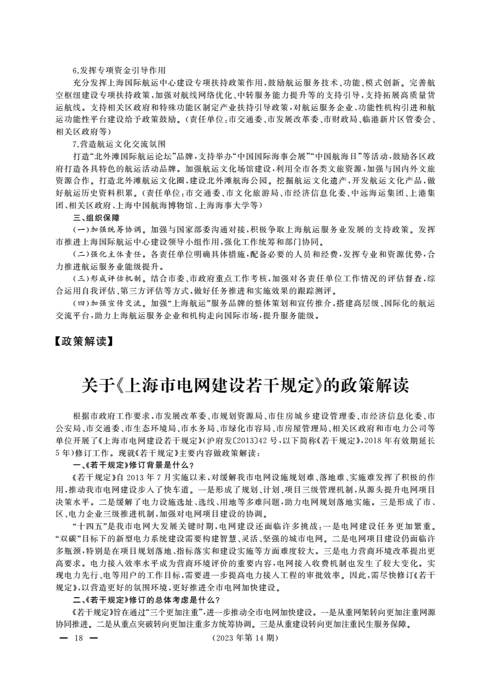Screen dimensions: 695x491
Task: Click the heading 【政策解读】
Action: [x=85, y=340]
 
